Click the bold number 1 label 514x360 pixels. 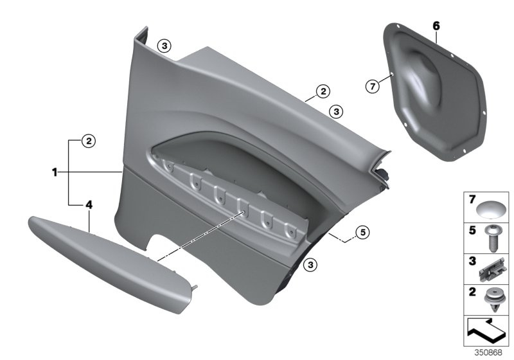pyautogui.click(x=55, y=172)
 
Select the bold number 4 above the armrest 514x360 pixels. pyautogui.click(x=89, y=204)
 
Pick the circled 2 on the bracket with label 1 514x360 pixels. pyautogui.click(x=89, y=139)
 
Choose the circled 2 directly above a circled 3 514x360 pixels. pyautogui.click(x=322, y=93)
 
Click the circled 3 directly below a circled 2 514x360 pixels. pyautogui.click(x=335, y=111)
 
